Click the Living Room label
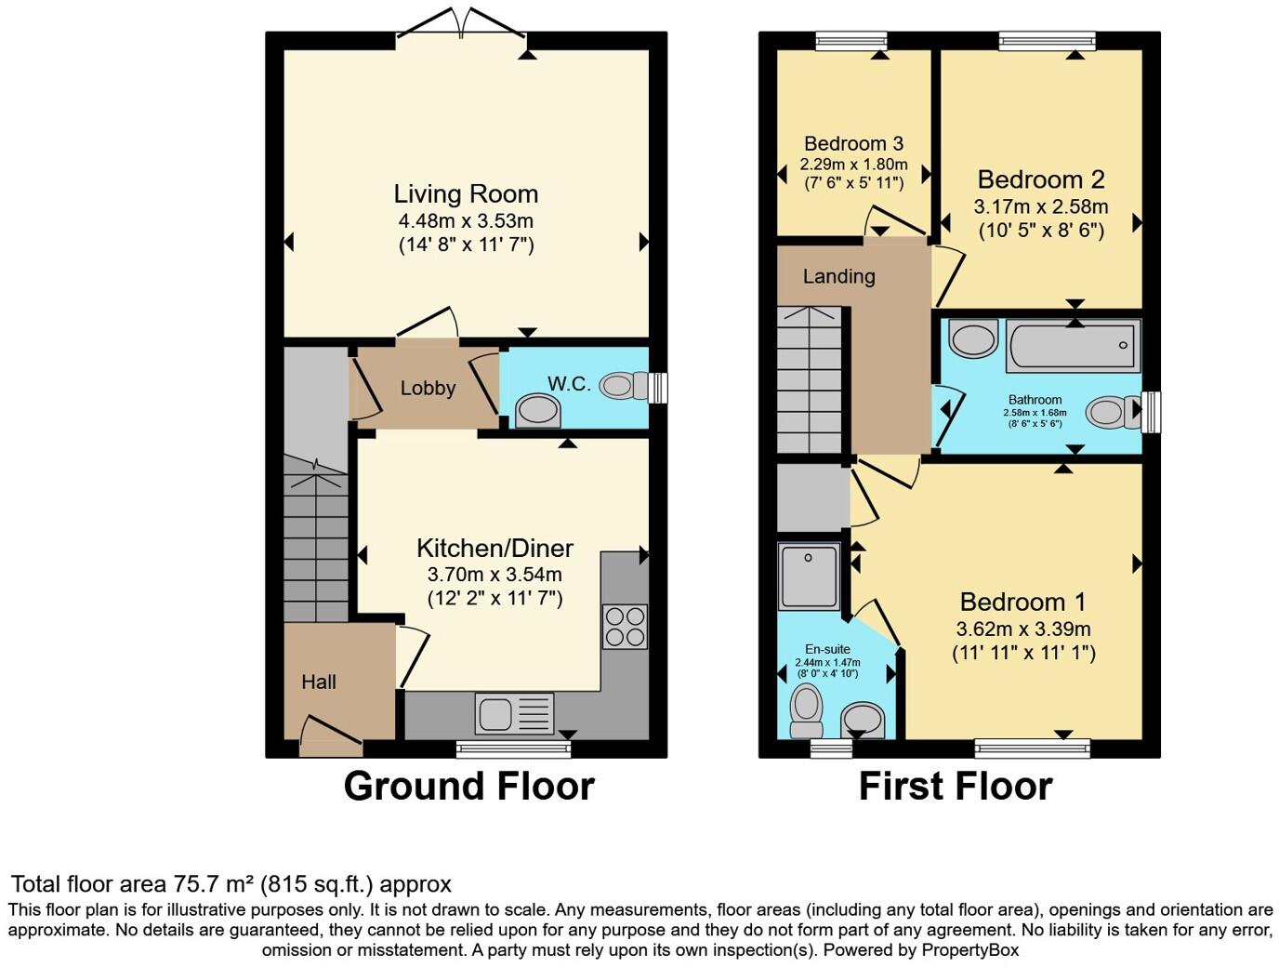[x=466, y=193]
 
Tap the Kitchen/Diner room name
[x=494, y=548]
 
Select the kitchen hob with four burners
[x=624, y=626]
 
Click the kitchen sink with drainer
[x=514, y=714]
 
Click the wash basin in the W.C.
[x=538, y=410]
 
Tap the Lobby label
[x=428, y=389]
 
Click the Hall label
[x=319, y=682]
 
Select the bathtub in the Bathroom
[x=1073, y=346]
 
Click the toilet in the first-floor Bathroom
[x=1112, y=412]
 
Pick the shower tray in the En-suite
[x=809, y=576]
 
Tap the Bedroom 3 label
[x=853, y=143]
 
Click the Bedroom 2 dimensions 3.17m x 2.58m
[x=1040, y=205]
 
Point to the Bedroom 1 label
[x=1022, y=602]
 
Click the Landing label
[x=838, y=276]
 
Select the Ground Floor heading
[x=468, y=787]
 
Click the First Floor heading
[x=955, y=787]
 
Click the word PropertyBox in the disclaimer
[x=969, y=950]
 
